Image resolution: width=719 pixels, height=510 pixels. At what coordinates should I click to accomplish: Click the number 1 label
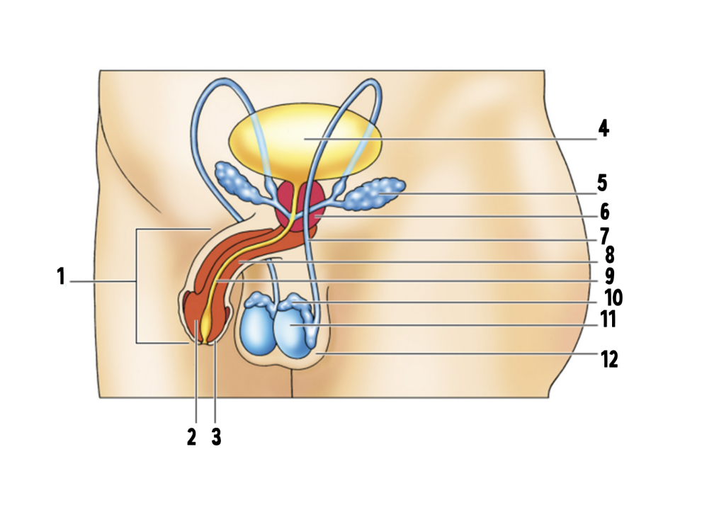[61, 276]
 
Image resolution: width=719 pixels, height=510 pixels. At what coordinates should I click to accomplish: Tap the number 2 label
[191, 437]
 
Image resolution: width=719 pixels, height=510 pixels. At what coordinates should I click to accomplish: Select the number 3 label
[216, 437]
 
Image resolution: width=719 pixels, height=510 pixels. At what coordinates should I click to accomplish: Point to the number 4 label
[603, 129]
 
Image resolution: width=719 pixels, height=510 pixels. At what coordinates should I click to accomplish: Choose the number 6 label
[604, 212]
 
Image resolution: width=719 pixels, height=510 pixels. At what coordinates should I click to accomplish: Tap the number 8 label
[608, 255]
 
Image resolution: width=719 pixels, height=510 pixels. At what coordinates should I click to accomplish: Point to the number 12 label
[610, 360]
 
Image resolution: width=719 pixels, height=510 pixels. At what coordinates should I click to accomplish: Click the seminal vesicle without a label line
[237, 181]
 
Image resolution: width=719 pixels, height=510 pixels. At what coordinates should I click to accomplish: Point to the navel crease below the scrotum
[292, 382]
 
